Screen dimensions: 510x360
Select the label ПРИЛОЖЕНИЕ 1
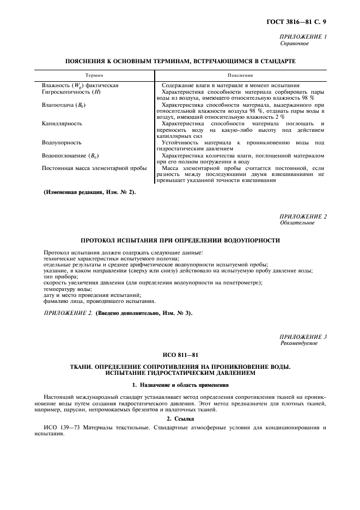[x=303, y=37]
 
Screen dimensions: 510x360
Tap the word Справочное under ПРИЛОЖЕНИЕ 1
[x=295, y=43]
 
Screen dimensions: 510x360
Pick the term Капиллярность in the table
[x=62, y=124]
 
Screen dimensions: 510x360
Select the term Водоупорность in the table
[x=62, y=143]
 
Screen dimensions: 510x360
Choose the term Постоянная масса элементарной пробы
[x=94, y=168]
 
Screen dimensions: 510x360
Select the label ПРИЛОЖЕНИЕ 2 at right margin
[x=303, y=217]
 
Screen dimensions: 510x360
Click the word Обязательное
[x=297, y=223]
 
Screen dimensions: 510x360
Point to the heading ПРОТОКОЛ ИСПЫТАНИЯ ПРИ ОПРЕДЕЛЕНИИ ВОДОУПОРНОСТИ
[x=180, y=240]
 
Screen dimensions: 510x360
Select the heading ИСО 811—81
[x=180, y=354]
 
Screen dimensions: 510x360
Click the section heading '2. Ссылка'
[x=180, y=418]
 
